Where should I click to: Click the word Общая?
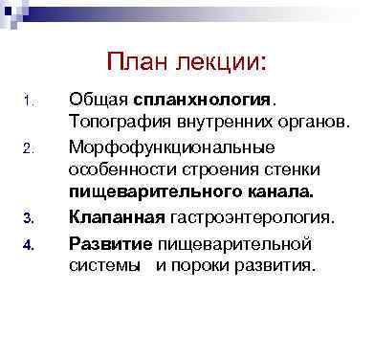point(99,100)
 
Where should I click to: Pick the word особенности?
point(120,169)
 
